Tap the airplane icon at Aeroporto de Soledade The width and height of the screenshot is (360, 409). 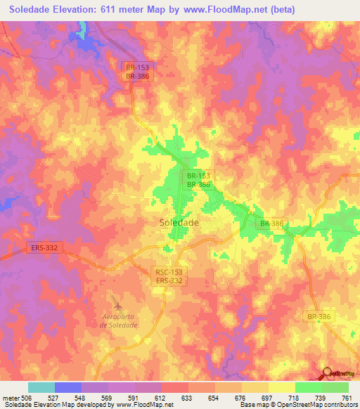(x=117, y=304)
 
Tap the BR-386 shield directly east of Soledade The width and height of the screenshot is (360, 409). (x=271, y=223)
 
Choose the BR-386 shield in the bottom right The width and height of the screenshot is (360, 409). (x=320, y=317)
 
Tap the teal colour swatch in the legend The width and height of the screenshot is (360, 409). (x=41, y=387)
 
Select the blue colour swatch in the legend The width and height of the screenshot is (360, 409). (x=68, y=387)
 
